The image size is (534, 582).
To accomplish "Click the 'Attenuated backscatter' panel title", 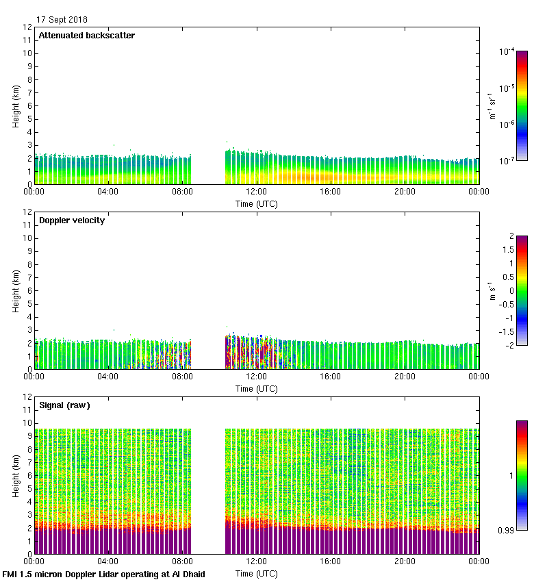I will [87, 36].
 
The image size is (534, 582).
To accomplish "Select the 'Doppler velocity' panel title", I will [72, 220].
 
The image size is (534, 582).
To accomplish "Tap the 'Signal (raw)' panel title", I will [64, 405].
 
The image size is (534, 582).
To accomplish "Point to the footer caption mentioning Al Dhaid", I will [104, 574].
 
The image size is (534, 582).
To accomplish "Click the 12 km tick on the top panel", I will [27, 27].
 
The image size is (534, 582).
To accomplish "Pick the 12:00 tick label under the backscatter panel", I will [256, 192].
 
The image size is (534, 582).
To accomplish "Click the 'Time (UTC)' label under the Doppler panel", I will [256, 388].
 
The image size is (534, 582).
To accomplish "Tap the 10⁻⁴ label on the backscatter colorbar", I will [507, 51].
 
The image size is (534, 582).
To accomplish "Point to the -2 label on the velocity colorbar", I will [509, 345].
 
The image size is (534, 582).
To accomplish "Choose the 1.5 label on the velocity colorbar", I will [508, 249].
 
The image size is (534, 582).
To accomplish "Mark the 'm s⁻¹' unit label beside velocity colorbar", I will [491, 290].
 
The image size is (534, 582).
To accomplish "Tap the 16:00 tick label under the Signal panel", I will [330, 561].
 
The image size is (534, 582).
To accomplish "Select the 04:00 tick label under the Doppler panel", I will [108, 377].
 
